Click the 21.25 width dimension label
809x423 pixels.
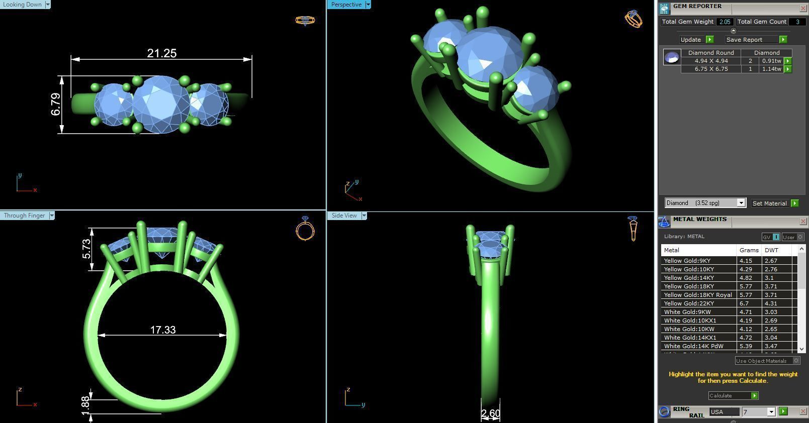162,53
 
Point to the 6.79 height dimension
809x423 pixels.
56,104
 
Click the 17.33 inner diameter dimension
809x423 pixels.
163,330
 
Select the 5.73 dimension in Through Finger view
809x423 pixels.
86,249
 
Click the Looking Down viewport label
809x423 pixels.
23,5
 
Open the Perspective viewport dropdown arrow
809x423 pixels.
368,5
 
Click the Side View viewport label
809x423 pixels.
344,216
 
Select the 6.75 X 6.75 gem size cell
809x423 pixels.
711,69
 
